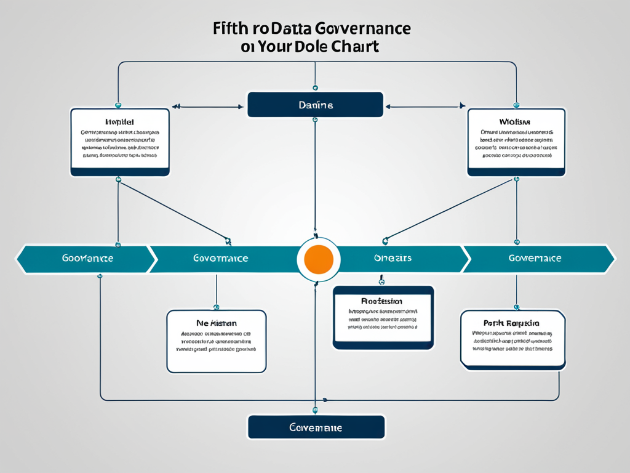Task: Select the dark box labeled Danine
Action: tap(315, 105)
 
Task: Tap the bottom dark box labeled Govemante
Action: tap(316, 427)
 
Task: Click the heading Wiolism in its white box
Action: tap(516, 122)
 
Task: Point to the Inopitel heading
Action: tap(119, 122)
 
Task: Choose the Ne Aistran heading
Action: tap(216, 323)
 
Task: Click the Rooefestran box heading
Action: tap(381, 301)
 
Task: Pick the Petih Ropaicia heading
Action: tap(511, 323)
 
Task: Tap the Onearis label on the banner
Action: tap(392, 258)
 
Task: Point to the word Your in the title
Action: tap(277, 47)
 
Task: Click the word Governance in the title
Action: tap(362, 28)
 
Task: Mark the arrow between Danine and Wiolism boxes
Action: tap(424, 107)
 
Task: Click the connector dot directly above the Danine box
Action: tap(315, 88)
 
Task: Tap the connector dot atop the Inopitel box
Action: tap(118, 105)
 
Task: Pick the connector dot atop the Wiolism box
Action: tap(516, 105)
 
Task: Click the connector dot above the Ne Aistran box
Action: tap(216, 306)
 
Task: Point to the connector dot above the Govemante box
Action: tap(315, 410)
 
